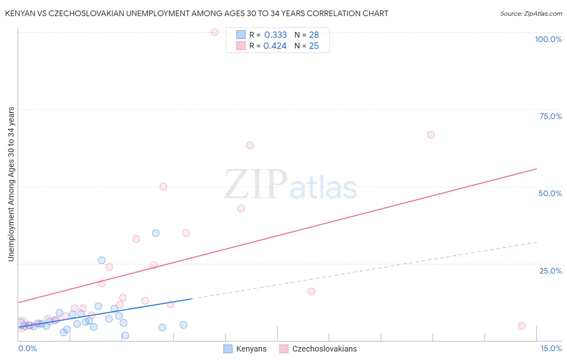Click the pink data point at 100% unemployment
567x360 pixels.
[215, 32]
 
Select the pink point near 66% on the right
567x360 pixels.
[431, 135]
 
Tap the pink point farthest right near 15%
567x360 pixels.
[521, 326]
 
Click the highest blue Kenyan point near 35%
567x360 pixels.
[156, 233]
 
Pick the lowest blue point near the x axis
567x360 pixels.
[125, 335]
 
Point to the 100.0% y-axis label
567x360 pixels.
[548, 39]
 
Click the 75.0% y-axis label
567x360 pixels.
[550, 116]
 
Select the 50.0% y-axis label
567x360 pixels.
[550, 193]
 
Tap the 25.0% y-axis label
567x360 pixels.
[550, 271]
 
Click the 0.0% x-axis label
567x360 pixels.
[27, 349]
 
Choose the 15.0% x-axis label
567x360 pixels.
[551, 349]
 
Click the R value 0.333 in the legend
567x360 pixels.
[275, 35]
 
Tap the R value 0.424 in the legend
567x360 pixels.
[275, 46]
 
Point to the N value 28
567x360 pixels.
[314, 35]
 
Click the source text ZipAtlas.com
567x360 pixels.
[531, 14]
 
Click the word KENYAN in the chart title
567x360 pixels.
[19, 13]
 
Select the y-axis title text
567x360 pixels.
[11, 184]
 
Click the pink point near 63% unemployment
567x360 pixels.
[250, 145]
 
